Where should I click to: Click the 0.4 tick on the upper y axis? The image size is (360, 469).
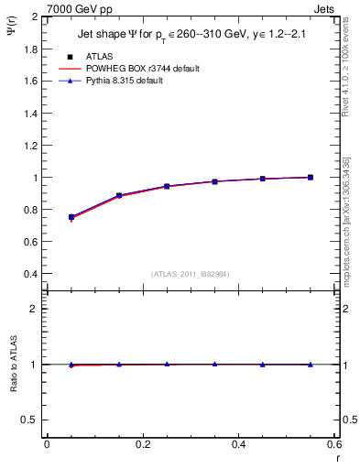(31, 274)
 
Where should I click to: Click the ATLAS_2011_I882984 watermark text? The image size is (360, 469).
(190, 274)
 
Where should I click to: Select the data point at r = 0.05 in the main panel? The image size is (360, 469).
(71, 217)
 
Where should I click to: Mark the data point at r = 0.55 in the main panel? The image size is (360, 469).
(311, 177)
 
